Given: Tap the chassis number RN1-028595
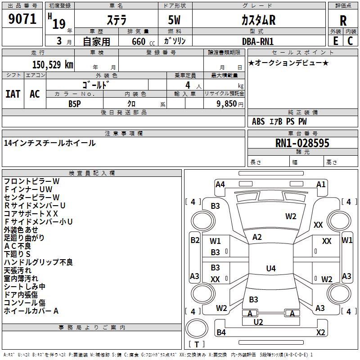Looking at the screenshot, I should (302, 143).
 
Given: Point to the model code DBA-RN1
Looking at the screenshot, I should (258, 41).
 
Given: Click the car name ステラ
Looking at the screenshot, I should (116, 20).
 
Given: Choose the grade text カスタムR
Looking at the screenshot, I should (258, 20).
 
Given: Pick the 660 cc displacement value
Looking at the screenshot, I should (136, 41).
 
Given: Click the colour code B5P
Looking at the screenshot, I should (75, 103).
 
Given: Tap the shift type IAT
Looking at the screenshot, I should (13, 94).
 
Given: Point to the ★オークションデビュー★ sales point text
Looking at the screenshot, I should (288, 63).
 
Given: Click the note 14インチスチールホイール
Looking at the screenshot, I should (50, 143).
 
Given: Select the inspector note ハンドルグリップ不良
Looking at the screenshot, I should (38, 262).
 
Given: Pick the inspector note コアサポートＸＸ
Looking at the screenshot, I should (31, 213).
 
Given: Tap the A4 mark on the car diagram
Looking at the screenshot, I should (220, 184).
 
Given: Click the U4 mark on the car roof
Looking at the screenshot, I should (270, 269).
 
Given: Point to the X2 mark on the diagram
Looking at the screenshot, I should (320, 333).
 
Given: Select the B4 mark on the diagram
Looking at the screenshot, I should (221, 333).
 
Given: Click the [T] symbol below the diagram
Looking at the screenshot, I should (197, 344).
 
